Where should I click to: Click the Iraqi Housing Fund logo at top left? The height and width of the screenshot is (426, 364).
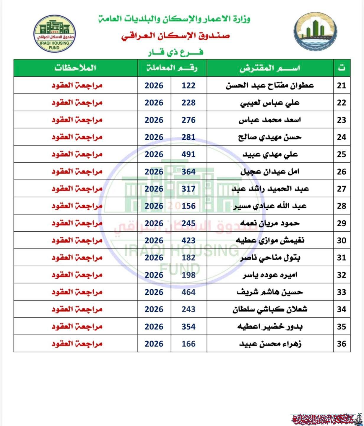coord(54,34)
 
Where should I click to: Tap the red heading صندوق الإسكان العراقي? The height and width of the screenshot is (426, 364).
coord(175,36)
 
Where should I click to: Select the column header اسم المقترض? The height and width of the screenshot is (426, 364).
coord(270,68)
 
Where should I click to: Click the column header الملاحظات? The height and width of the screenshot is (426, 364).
coord(75,68)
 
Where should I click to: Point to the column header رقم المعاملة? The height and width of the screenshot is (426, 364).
coord(172,68)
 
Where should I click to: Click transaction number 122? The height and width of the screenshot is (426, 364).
coord(188,85)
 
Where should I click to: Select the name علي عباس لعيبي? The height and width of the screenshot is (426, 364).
coord(270,103)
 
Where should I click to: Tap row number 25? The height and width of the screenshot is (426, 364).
coord(342,154)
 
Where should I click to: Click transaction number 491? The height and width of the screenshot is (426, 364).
coord(188,154)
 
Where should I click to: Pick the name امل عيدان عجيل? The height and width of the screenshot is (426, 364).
coord(270,172)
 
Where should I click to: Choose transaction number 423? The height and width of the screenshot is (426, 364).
coord(188,241)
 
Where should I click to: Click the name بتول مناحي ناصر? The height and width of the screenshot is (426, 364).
coord(270,258)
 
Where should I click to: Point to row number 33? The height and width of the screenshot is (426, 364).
coord(342,292)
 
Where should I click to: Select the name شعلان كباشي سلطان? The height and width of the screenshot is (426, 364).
coord(270,309)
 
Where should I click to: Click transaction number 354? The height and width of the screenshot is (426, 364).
coord(188,327)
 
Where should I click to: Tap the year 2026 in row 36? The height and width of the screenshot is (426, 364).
coord(154,344)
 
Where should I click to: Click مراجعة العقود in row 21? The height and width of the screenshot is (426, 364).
coord(77,85)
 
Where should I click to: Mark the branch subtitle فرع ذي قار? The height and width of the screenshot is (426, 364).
coord(175,52)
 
